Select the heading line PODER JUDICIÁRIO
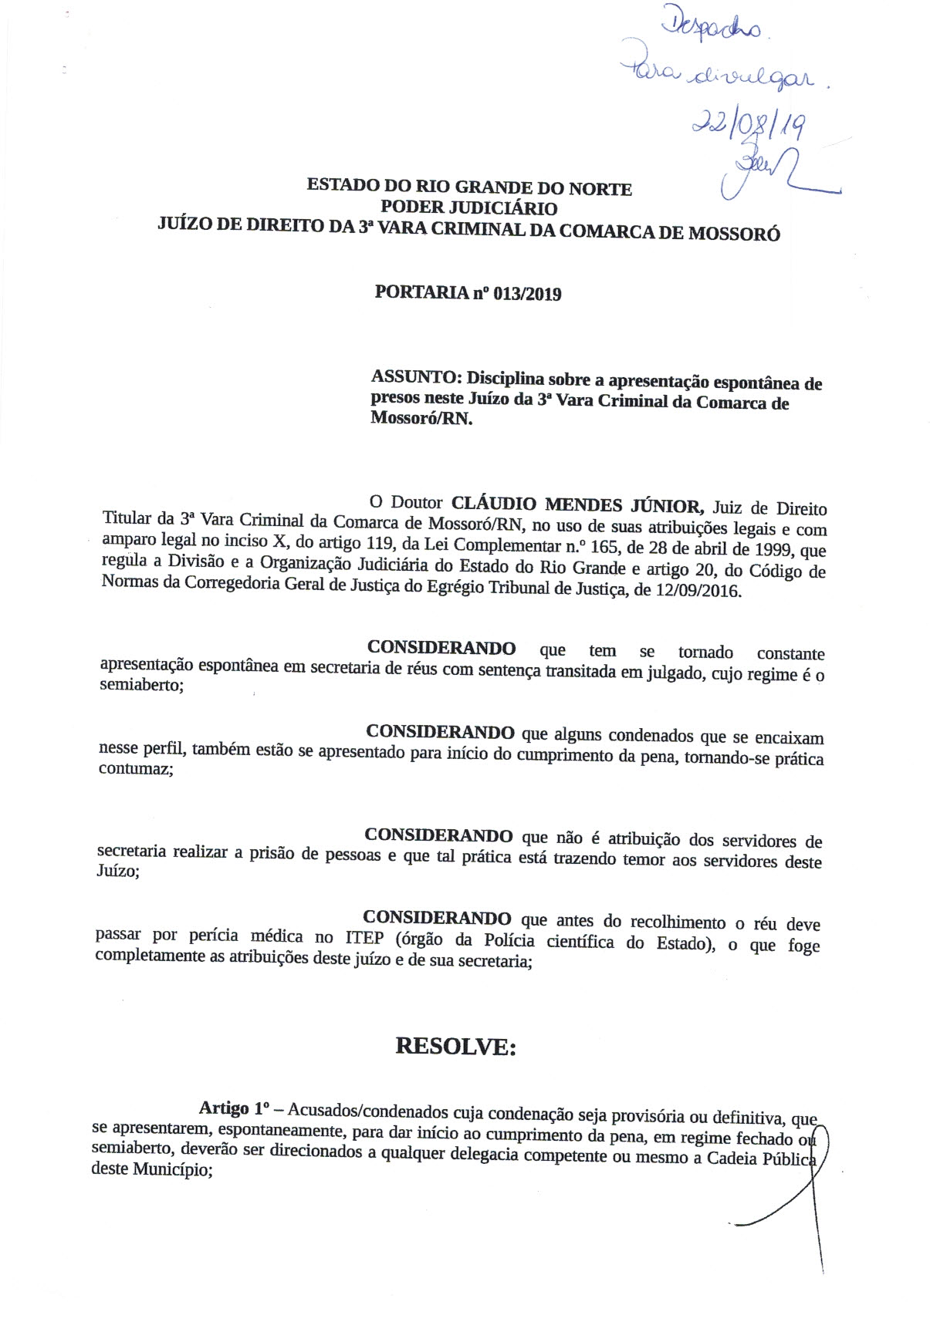click(469, 208)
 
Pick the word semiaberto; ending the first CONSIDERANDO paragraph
click(142, 685)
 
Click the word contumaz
click(136, 769)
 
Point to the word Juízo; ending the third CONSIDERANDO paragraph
click(118, 872)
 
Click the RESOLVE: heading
click(455, 1047)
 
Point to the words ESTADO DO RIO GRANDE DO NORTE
click(469, 187)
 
